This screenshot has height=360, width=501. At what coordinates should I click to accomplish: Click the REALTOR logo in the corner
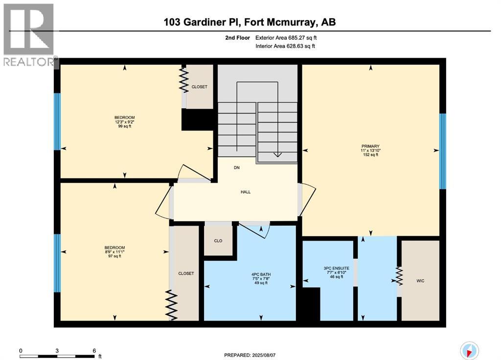pos(28,34)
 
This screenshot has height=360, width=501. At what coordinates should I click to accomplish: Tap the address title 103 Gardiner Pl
pos(250,22)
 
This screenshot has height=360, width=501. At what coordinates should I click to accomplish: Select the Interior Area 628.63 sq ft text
pos(285,46)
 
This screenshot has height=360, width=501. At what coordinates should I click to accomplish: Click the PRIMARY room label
pos(370,146)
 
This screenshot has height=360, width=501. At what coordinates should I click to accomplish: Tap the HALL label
pos(246,192)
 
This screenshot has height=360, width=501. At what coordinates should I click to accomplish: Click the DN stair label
pos(237,167)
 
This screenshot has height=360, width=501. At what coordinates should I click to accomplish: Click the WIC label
pos(420,281)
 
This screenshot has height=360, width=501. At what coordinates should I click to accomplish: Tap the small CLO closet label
pos(218,241)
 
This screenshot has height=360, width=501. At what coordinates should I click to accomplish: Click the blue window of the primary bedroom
pos(442,151)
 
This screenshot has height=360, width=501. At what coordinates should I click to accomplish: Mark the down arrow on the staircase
pos(277,154)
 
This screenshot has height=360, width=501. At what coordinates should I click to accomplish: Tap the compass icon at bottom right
pos(469,350)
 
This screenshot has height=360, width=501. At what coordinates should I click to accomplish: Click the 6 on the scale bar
pos(93,351)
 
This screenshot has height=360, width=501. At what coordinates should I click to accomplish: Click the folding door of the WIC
pos(399,276)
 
